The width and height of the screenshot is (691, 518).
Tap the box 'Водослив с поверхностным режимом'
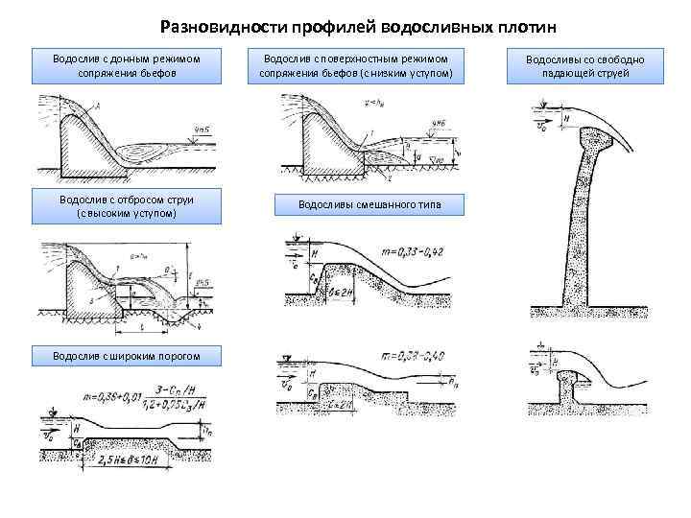[x=354, y=66]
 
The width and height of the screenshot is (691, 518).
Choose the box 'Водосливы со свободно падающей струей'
[x=584, y=66]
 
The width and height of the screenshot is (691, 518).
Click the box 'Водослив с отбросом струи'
[x=127, y=206]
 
